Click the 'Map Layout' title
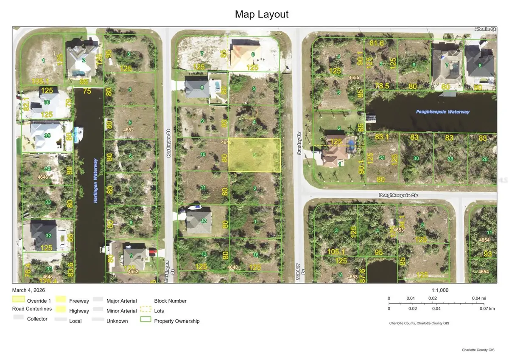point(262,14)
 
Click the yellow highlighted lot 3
point(255,155)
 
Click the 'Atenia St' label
point(486,29)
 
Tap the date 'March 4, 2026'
point(28,290)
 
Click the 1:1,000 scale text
point(439,290)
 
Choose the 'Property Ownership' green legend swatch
point(146,321)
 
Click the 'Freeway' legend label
point(79,301)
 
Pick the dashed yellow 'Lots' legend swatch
point(146,310)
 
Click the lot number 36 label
point(46,102)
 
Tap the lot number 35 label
point(48,135)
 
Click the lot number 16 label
point(255,255)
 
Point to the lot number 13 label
point(204,254)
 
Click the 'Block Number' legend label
point(170,301)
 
